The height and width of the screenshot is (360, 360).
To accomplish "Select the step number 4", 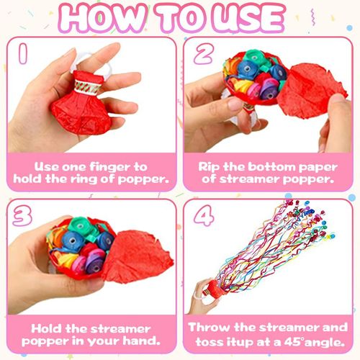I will [202, 218].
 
